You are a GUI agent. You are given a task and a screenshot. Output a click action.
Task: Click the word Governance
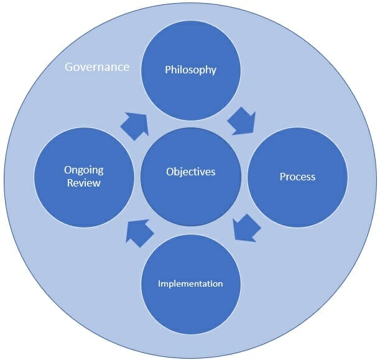click(97, 66)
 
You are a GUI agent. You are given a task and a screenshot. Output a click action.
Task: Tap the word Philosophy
click(190, 70)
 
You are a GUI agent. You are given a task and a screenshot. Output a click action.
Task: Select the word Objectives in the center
click(190, 171)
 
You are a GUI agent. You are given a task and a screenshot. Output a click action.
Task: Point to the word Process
click(297, 177)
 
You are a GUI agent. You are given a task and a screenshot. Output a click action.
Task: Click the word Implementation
click(190, 284)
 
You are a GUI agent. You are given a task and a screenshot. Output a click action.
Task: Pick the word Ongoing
click(83, 170)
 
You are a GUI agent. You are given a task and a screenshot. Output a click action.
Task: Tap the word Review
click(83, 183)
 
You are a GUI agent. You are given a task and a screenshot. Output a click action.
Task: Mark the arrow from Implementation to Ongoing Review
click(139, 231)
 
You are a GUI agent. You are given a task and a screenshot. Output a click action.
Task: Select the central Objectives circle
click(190, 193)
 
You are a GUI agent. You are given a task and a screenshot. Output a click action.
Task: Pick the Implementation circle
click(190, 305)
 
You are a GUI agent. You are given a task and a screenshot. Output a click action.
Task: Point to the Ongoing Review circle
click(83, 199)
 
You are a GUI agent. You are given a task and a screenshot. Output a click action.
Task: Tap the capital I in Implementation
click(160, 284)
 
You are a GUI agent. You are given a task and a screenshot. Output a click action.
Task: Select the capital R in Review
click(70, 183)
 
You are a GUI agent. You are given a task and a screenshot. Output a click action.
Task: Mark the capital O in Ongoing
click(67, 170)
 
